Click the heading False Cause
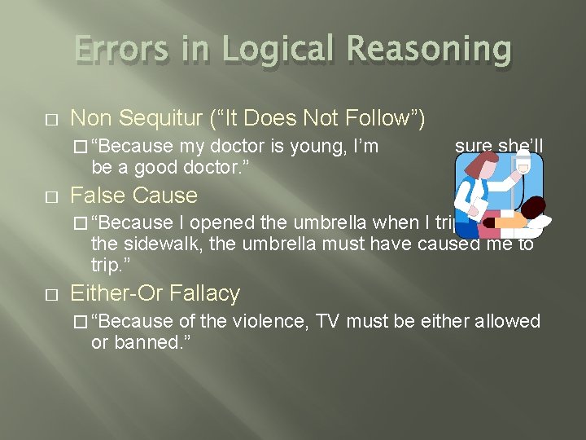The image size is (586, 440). tap(133, 196)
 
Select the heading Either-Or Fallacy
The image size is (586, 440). tap(155, 293)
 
